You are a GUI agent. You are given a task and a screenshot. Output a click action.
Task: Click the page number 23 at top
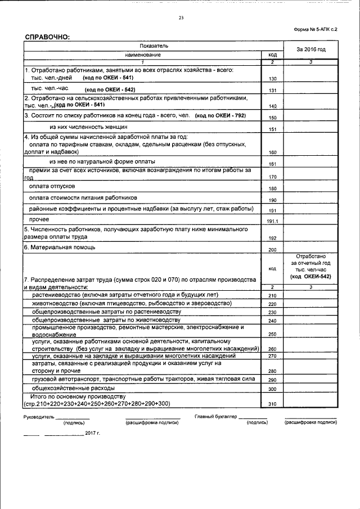click(x=181, y=18)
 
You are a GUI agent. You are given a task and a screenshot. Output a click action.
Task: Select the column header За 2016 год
click(x=310, y=50)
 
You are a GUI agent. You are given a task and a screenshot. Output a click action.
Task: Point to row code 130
click(x=272, y=79)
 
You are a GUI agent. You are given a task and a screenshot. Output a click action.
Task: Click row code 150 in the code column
click(x=272, y=118)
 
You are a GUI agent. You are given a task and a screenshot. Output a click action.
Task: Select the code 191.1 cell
click(x=272, y=221)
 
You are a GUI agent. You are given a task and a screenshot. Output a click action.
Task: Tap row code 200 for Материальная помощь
click(x=272, y=249)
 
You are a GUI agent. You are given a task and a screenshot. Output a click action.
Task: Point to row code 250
click(x=272, y=335)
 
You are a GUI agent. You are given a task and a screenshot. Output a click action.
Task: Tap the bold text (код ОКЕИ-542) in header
click(x=310, y=277)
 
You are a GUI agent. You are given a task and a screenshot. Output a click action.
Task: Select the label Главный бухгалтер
click(x=215, y=417)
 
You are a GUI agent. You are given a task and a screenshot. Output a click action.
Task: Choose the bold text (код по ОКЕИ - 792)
click(x=220, y=115)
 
